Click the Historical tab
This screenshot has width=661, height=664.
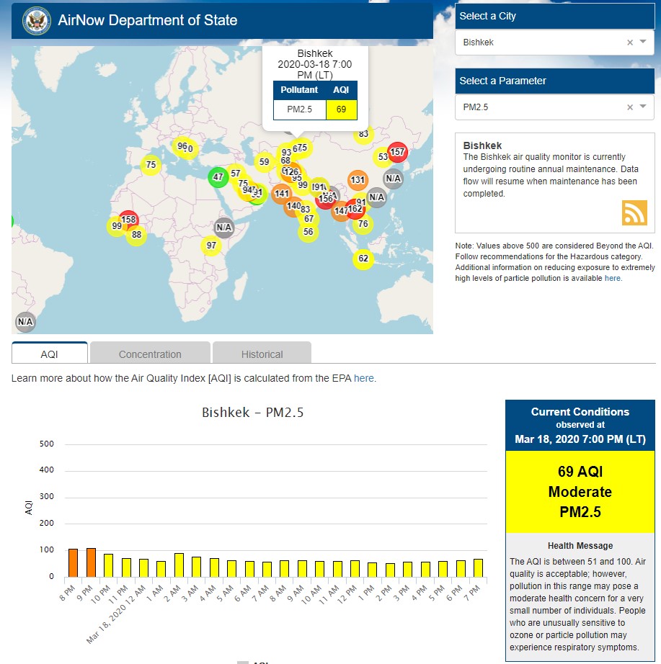point(262,354)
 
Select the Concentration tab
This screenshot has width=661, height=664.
point(150,354)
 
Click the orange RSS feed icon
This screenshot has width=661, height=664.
point(634,213)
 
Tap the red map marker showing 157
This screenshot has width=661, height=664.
point(398,152)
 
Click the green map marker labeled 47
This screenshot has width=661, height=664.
point(218,176)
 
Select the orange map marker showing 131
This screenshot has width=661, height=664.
point(358,180)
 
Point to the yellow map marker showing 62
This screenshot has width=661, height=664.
point(363,259)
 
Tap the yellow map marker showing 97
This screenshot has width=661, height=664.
point(211,246)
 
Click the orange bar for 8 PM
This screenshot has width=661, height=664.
point(73,562)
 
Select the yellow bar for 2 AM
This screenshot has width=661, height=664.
point(179,565)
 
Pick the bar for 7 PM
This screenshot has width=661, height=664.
point(478,567)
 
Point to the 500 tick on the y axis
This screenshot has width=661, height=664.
point(46,444)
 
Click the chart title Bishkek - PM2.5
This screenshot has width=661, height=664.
point(253,413)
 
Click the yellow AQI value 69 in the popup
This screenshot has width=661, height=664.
point(342,109)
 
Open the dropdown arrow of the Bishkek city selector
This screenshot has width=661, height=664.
point(643,42)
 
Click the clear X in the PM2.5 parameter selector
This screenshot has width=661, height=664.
point(630,107)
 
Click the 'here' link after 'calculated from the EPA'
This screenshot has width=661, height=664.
point(364,378)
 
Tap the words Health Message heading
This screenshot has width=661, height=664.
point(580,546)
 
